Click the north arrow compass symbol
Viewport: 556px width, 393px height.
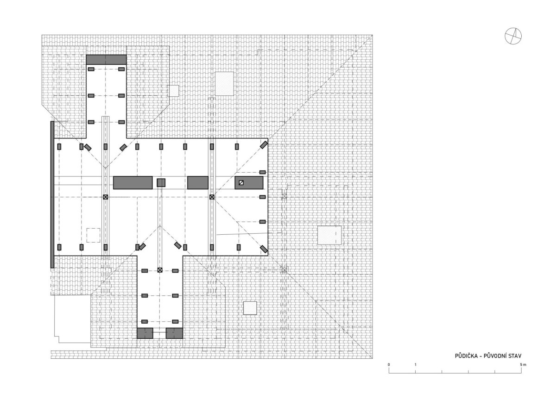pos(513,36)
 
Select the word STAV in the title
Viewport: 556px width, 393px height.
pos(515,356)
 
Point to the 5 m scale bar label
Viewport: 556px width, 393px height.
pos(523,365)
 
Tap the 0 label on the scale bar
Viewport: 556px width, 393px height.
pos(389,365)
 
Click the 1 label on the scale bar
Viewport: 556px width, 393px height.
pos(415,365)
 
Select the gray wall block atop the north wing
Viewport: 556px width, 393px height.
pos(106,60)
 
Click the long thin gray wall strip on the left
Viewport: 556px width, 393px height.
pos(52,194)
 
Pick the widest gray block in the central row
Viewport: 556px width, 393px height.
pos(133,183)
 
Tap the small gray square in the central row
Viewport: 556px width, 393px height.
pos(161,183)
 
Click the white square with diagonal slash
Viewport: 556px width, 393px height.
pos(241,183)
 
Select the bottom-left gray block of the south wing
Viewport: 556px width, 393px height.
pos(145,333)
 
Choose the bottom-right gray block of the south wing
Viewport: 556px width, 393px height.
pos(174,333)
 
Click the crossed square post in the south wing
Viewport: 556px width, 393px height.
pos(160,270)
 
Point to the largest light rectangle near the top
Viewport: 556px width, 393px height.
pos(224,84)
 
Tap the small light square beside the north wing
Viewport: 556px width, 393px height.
pos(173,91)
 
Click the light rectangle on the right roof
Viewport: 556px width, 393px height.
pos(329,235)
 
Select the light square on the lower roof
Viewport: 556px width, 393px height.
pos(250,308)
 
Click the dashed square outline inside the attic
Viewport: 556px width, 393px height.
pos(93,235)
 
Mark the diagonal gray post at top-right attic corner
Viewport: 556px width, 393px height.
pos(264,145)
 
